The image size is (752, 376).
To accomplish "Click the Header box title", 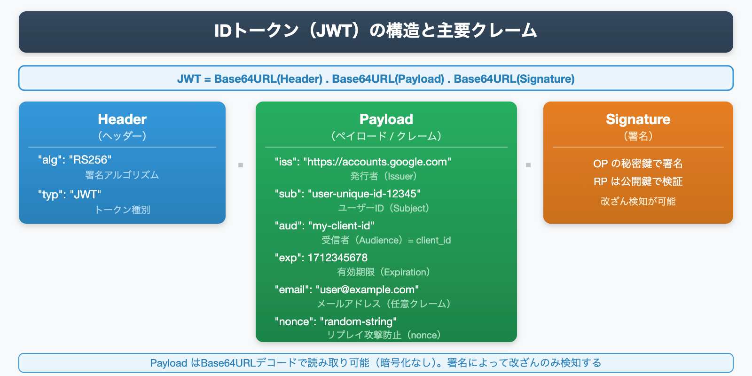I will pos(122,119).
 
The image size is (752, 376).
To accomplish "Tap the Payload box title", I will pos(386,119).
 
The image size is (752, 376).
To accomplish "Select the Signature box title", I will pos(638,119).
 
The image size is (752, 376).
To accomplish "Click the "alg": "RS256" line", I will pos(75,160).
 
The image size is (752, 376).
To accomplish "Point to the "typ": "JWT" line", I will pos(70,195).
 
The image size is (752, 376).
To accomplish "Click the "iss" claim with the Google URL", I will pos(363,162).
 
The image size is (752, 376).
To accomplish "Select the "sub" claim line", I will pos(348,194).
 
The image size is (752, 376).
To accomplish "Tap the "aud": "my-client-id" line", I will pos(324,226).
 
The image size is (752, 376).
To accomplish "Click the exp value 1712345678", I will pos(337,258).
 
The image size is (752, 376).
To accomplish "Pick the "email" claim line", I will pos(346,290).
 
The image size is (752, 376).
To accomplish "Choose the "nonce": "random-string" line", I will pos(336,322).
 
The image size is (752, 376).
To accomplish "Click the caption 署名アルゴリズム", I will pos(122,175).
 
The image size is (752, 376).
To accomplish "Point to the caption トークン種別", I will pos(122,210).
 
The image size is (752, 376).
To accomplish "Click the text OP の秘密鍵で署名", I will pos(638,164).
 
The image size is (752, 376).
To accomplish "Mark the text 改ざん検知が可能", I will pos(638,202).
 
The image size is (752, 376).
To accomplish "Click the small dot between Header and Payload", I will pos(241,165).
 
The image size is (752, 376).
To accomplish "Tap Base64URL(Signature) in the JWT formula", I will pos(514,79).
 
